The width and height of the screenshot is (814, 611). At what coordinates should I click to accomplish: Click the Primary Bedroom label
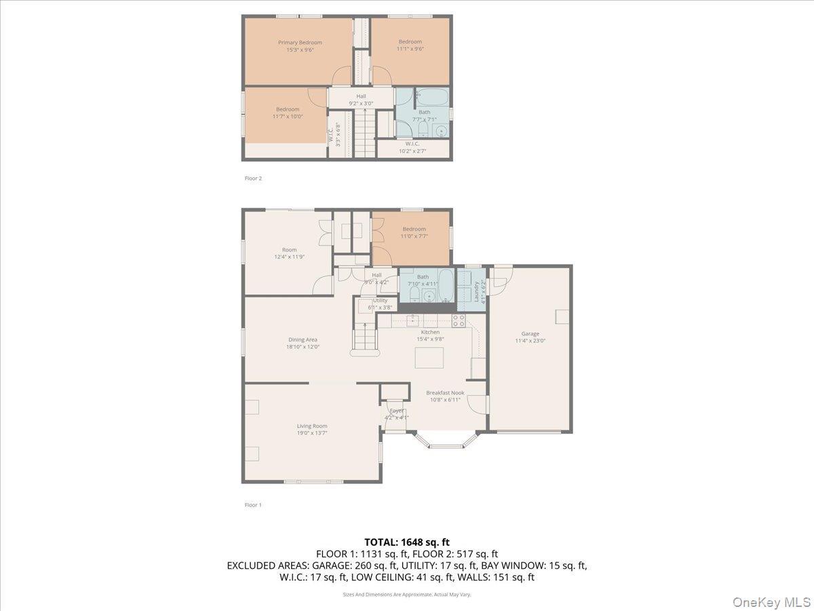click(x=300, y=43)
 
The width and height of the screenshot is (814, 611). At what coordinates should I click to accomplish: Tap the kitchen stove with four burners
click(x=459, y=320)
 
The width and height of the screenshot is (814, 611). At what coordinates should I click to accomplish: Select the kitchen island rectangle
click(x=430, y=356)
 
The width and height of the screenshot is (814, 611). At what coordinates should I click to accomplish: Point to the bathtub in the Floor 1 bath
click(x=446, y=286)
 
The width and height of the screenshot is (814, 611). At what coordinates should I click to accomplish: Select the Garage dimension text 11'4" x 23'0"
click(x=530, y=341)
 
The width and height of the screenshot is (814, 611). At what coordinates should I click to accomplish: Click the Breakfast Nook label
click(x=444, y=392)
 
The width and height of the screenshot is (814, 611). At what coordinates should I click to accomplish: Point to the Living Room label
click(x=311, y=426)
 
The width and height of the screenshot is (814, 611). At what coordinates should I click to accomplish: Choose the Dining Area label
click(x=303, y=339)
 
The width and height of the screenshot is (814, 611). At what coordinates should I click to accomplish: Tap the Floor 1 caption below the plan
click(x=253, y=505)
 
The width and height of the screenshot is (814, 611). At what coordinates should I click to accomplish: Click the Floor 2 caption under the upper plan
click(x=253, y=179)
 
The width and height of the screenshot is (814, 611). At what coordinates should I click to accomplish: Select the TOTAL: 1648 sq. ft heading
click(x=406, y=542)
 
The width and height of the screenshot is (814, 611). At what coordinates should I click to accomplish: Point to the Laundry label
click(x=477, y=291)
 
